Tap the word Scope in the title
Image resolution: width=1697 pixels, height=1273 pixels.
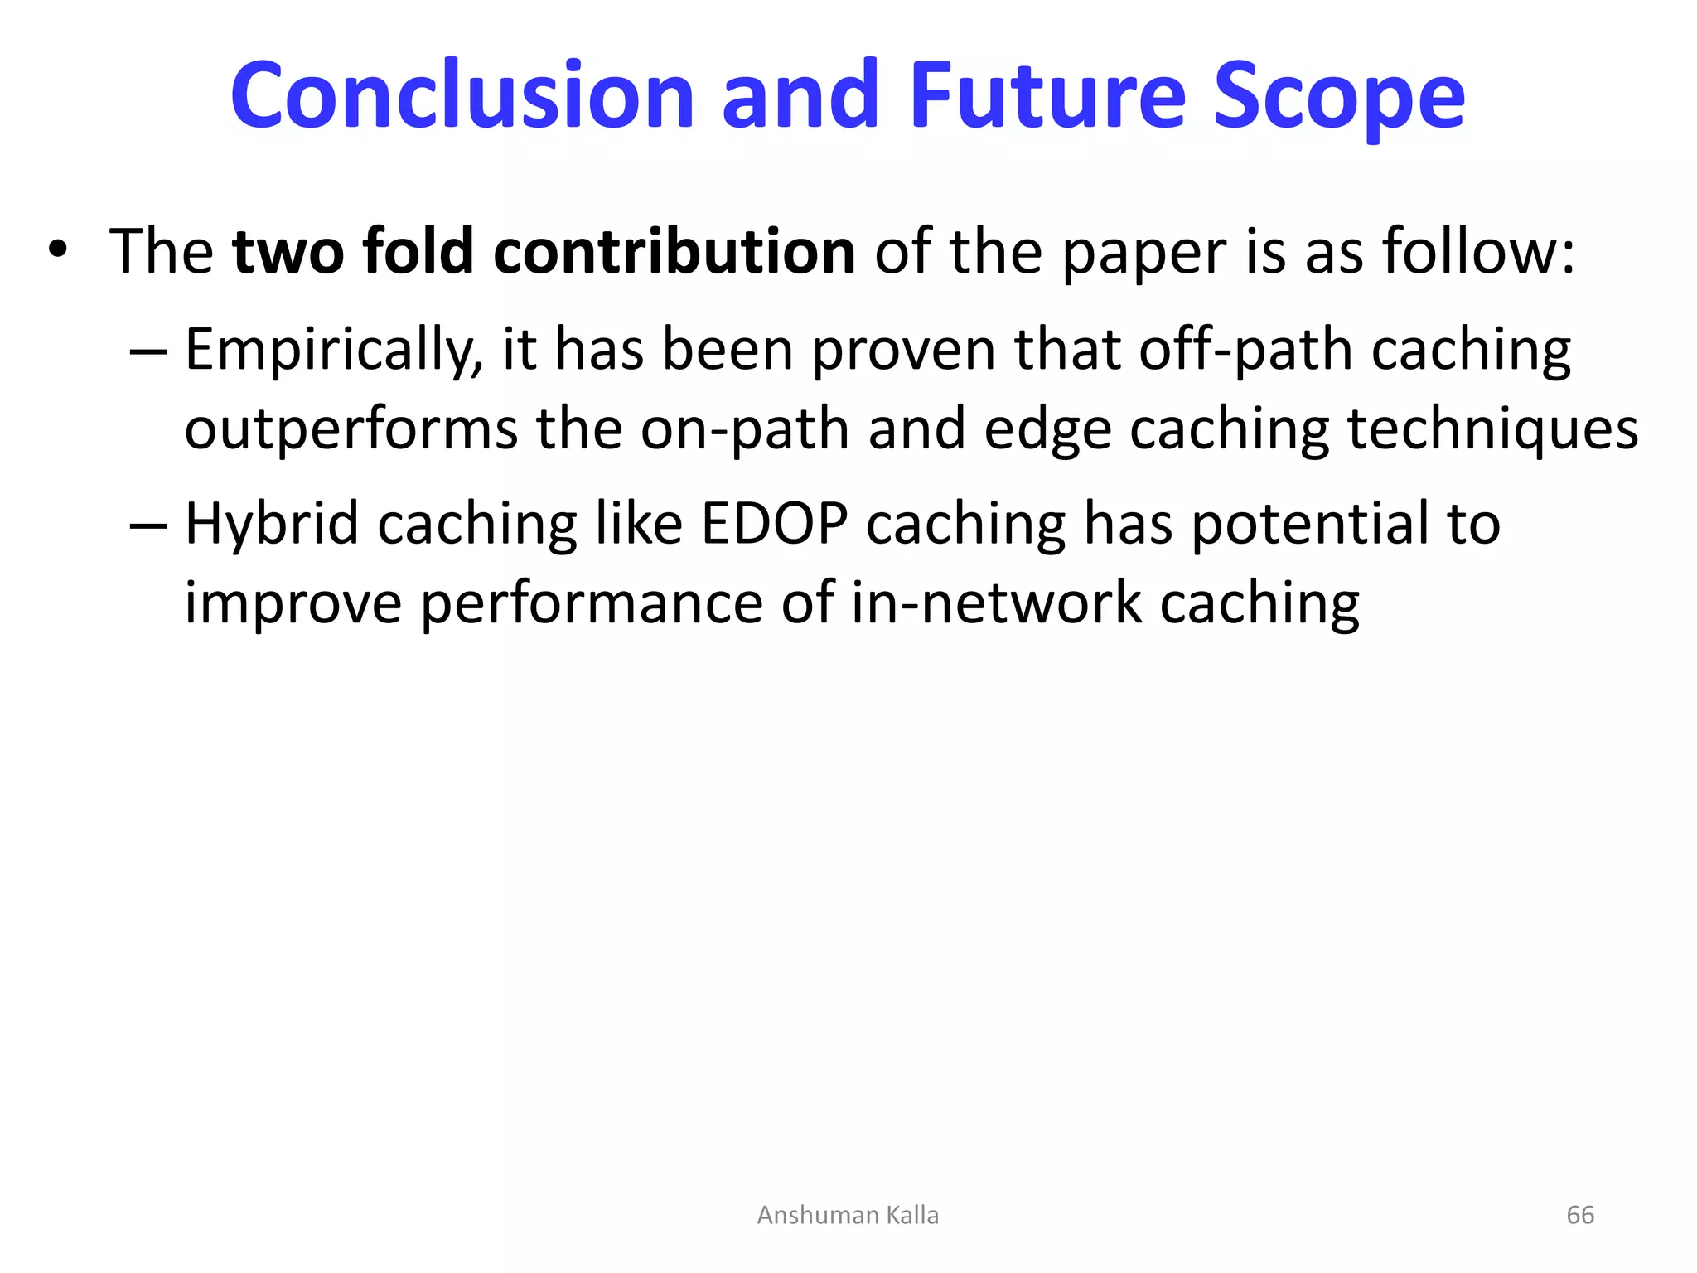click(x=1339, y=98)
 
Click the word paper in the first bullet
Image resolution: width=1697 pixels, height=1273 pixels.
click(x=1143, y=254)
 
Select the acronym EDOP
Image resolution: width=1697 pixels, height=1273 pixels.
click(x=774, y=524)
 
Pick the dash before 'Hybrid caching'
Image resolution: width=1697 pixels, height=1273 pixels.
click(x=148, y=525)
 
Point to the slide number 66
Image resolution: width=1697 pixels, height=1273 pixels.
click(x=1580, y=1215)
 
